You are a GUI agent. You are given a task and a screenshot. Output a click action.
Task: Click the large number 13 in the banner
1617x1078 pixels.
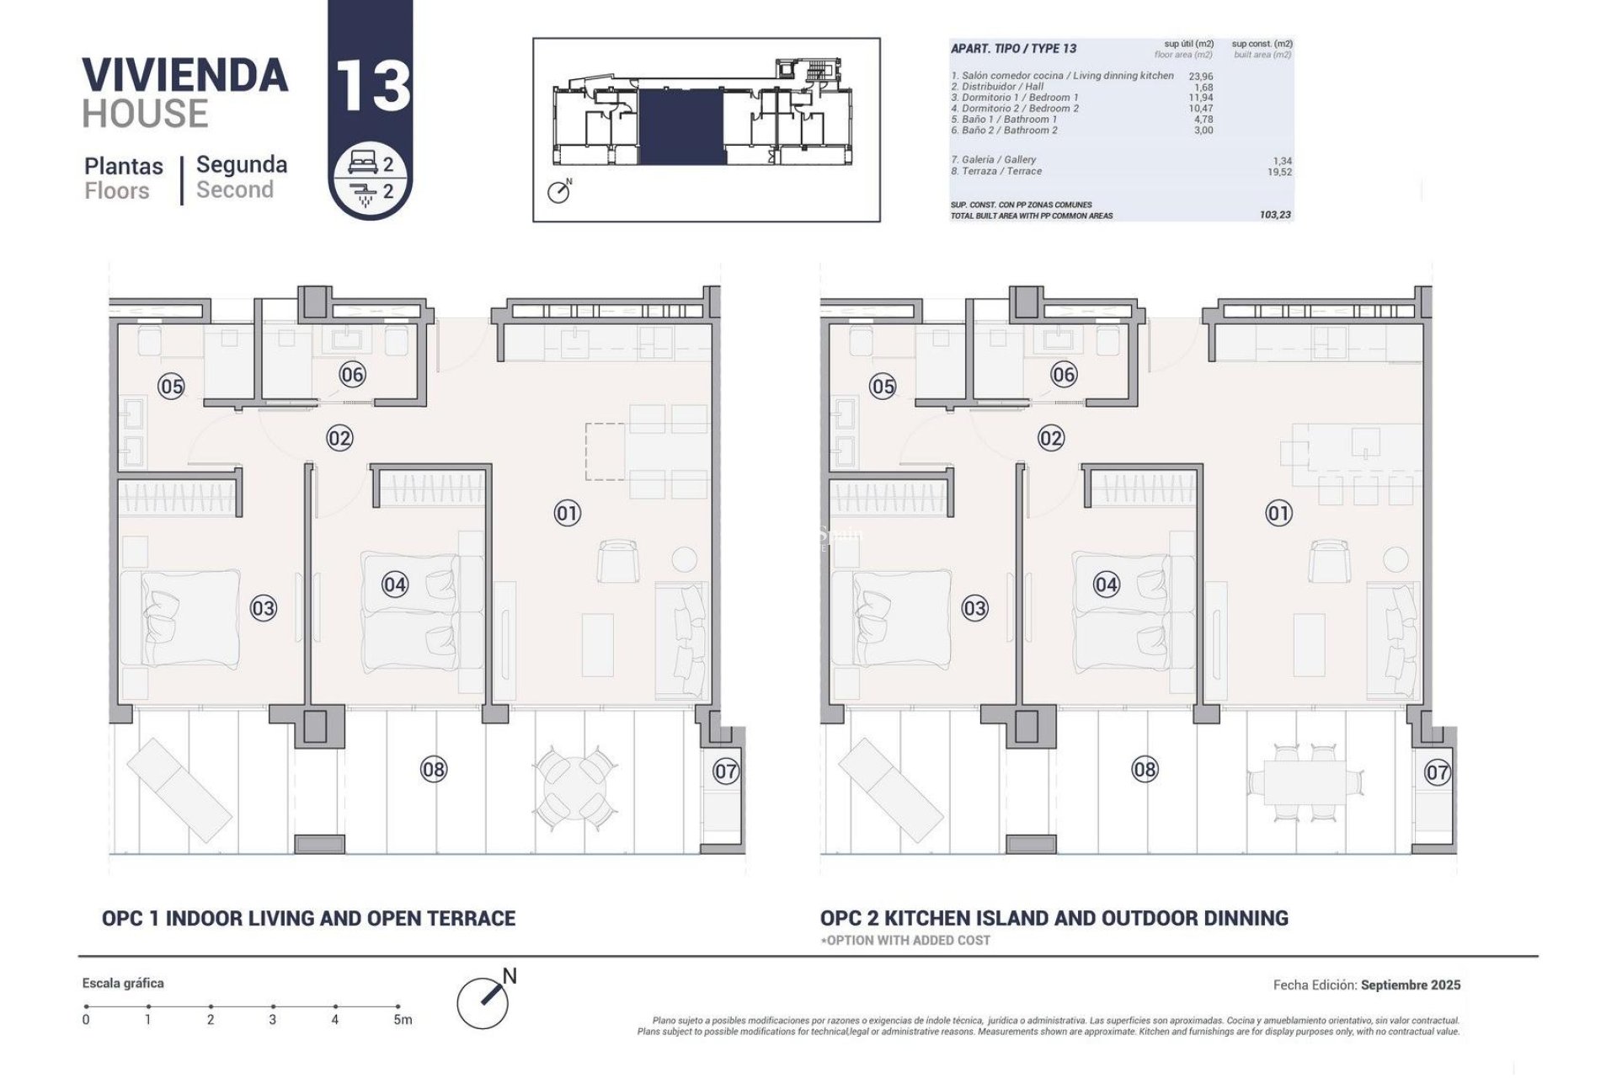(373, 87)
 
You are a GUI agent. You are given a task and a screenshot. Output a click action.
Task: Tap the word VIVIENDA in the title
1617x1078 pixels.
(185, 75)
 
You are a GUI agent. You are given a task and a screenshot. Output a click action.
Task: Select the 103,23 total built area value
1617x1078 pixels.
(1275, 216)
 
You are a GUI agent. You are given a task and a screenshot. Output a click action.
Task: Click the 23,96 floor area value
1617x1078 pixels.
(1200, 76)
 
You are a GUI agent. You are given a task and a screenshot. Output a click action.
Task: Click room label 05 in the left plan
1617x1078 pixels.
(171, 387)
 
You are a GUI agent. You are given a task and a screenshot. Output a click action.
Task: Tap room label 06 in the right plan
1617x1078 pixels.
(1064, 375)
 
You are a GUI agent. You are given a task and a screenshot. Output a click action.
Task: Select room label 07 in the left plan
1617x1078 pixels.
(726, 771)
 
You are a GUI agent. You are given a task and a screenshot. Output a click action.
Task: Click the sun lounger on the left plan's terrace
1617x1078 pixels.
(179, 784)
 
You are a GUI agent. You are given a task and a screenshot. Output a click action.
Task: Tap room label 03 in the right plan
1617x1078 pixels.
(974, 608)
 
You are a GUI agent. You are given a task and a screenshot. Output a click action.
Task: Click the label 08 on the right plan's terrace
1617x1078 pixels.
(1145, 769)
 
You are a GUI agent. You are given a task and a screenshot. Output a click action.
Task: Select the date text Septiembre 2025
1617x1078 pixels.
(1411, 985)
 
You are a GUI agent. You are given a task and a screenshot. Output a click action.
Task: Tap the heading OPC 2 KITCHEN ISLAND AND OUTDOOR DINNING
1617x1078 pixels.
(1054, 918)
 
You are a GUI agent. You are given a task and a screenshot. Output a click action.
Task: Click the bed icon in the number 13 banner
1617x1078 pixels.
(364, 165)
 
